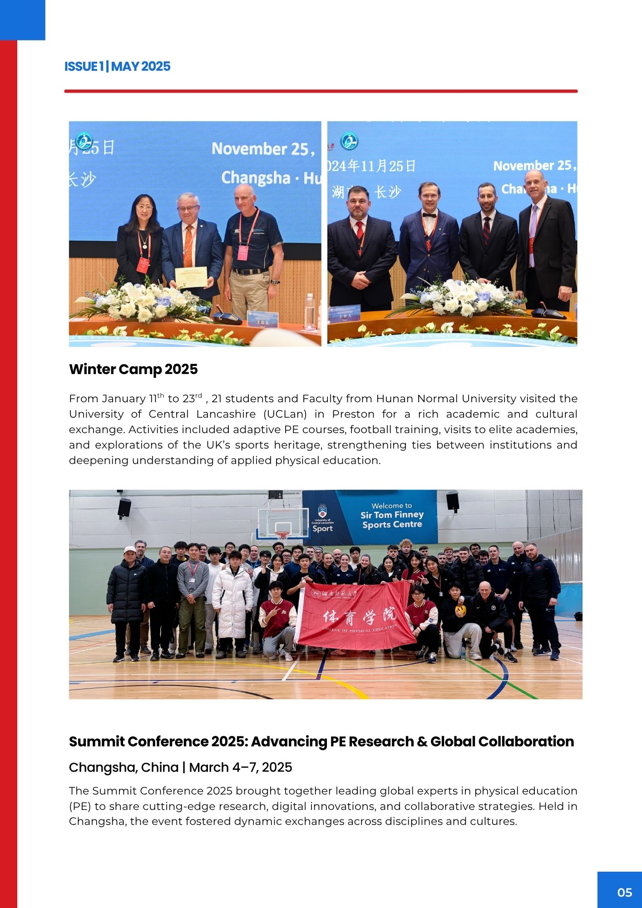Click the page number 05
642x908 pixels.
tap(624, 893)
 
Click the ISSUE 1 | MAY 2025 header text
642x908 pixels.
tap(117, 66)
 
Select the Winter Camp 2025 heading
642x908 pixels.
tap(133, 369)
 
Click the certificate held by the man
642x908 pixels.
tap(191, 277)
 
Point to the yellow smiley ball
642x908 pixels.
tap(460, 608)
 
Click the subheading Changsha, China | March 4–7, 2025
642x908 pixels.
tap(180, 767)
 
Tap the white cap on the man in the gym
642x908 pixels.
tap(129, 550)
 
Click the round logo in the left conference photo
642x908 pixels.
tap(84, 141)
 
